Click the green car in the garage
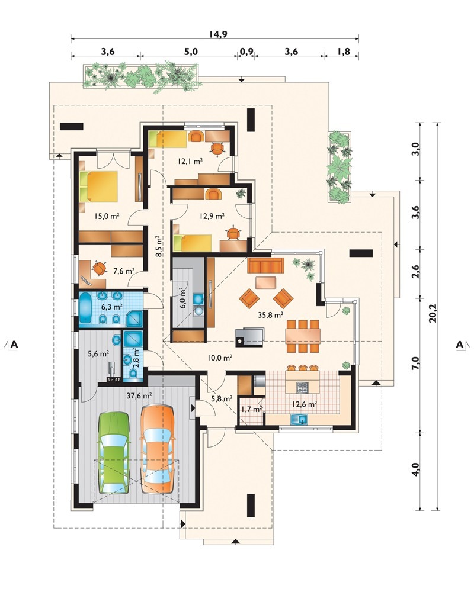tap(113, 452)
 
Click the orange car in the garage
tap(158, 449)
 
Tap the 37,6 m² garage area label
tap(139, 395)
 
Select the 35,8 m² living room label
tap(271, 314)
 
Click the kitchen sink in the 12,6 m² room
tap(299, 419)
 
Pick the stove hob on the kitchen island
tap(302, 387)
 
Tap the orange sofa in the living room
tap(265, 265)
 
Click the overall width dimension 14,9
tap(217, 34)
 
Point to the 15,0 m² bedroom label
tap(107, 216)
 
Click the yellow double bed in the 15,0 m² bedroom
tap(99, 186)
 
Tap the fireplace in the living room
tap(249, 337)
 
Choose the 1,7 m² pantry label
tap(252, 409)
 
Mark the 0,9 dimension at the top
tap(246, 52)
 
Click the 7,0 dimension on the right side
tap(416, 365)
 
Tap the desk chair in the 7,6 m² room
tap(99, 268)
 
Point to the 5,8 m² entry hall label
tap(222, 398)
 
